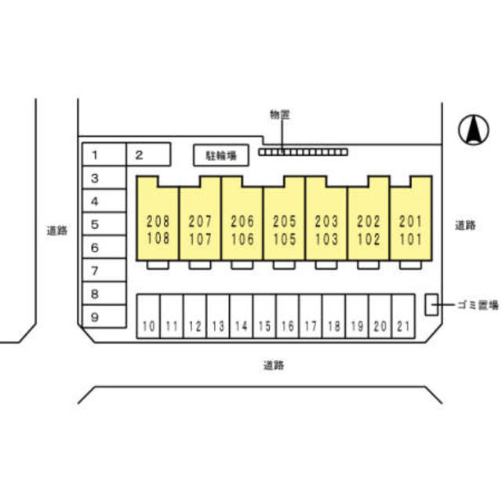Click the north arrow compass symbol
pos(472,129)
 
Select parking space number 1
pos(104,155)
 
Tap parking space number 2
pos(147,155)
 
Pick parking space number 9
pos(104,317)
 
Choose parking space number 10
pos(149,316)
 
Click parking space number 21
pos(403,316)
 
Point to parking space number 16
pos(288,316)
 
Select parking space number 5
pos(104,224)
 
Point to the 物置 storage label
pos(280,115)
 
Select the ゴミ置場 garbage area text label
pos(478,304)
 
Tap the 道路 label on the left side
pos(56,231)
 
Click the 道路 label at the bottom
pos(274,364)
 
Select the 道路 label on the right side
pos(465,225)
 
